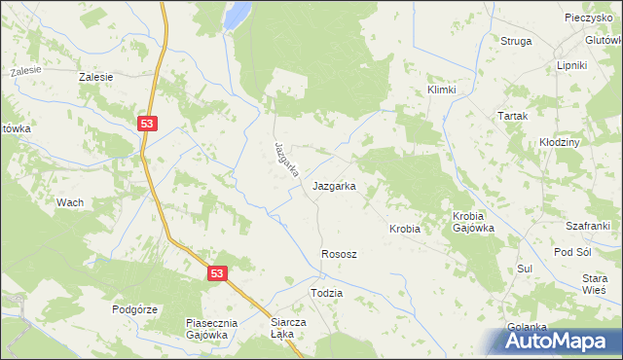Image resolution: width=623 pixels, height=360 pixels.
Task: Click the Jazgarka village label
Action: [x=333, y=185]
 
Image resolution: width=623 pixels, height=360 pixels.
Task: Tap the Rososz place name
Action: [x=339, y=254]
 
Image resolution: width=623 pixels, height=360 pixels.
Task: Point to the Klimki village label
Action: [x=442, y=89]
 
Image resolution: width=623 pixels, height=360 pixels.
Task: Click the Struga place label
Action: [x=516, y=41]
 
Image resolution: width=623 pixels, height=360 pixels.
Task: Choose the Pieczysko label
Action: [x=587, y=18]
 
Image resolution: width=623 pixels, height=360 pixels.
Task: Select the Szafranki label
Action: [x=588, y=225]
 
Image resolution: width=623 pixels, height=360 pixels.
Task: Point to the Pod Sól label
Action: [x=572, y=252]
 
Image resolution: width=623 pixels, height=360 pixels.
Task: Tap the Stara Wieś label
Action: [x=594, y=283]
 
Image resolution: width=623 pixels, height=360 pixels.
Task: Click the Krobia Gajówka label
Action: [x=473, y=222]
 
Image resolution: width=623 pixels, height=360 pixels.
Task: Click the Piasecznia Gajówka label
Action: [x=206, y=328]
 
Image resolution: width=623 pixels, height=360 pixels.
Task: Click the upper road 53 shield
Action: [x=146, y=124]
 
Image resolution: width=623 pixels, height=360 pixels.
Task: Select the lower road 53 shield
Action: [x=216, y=274]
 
